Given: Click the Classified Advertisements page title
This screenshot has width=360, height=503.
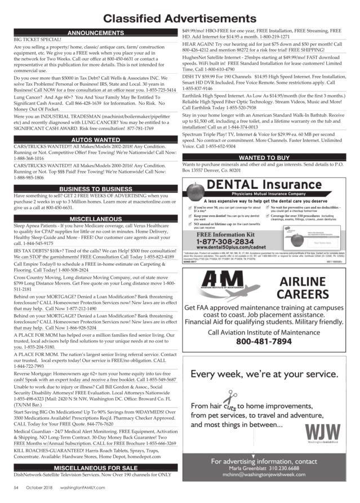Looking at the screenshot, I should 180,19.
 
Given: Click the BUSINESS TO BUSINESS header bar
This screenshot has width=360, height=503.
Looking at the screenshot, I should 95,189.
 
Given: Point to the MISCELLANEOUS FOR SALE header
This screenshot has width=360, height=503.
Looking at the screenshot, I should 95,468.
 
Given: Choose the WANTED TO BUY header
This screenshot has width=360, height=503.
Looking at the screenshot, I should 264,157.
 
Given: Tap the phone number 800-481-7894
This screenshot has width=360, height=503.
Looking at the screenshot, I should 264,342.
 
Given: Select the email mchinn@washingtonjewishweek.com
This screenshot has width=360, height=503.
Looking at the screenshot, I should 264,475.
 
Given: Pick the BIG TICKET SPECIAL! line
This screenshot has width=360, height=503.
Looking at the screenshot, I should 37,41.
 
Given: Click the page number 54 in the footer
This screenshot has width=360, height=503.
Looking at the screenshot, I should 16,488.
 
